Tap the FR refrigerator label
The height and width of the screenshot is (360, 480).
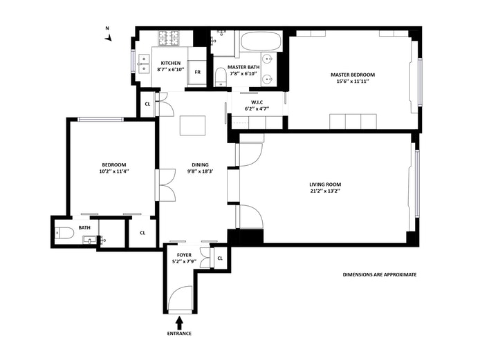pyautogui.click(x=198, y=72)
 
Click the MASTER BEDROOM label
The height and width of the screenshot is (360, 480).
pyautogui.click(x=353, y=75)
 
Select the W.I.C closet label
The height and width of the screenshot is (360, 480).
pyautogui.click(x=257, y=102)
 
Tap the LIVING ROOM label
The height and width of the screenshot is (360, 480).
pyautogui.click(x=325, y=184)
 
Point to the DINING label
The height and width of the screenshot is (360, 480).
pyautogui.click(x=200, y=165)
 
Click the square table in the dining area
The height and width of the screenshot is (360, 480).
pyautogui.click(x=192, y=125)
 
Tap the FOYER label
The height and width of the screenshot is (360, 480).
pyautogui.click(x=184, y=255)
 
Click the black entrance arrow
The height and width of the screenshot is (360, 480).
pyautogui.click(x=179, y=323)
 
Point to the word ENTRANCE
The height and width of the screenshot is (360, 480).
pyautogui.click(x=179, y=333)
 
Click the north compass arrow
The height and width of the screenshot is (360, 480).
pyautogui.click(x=108, y=38)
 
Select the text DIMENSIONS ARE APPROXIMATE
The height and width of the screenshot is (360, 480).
pyautogui.click(x=380, y=275)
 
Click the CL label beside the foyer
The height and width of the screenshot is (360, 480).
pyautogui.click(x=220, y=258)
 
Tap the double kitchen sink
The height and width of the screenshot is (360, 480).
pyautogui.click(x=144, y=64)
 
